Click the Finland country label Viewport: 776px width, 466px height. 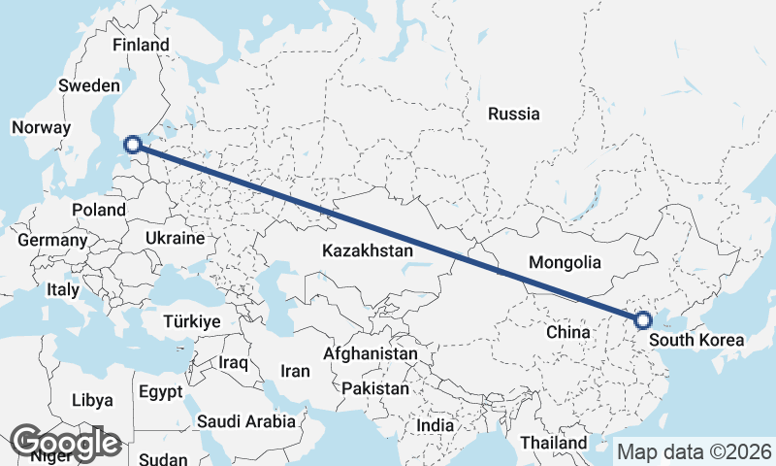(x=141, y=45)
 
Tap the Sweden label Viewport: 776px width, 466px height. (x=88, y=85)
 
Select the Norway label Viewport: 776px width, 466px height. (x=41, y=127)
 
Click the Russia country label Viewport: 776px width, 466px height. (x=513, y=114)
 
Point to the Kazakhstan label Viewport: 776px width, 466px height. (x=368, y=250)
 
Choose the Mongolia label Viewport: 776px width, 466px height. (x=565, y=262)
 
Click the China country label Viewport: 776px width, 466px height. (x=567, y=332)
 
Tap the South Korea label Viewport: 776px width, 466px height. (x=695, y=340)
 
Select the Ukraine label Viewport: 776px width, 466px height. (x=175, y=238)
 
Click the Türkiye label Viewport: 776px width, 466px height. (x=192, y=320)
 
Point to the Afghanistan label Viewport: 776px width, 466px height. (x=371, y=354)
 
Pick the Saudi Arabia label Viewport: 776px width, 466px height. (x=245, y=421)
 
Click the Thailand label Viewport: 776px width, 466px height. (x=552, y=443)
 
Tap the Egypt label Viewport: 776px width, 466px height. (x=160, y=392)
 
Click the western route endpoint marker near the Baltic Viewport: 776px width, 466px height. (x=134, y=146)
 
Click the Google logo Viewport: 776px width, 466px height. (x=66, y=443)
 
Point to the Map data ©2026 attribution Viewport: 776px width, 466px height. (x=694, y=451)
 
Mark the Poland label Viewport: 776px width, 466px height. (x=99, y=210)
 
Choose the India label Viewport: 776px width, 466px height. (x=435, y=425)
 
